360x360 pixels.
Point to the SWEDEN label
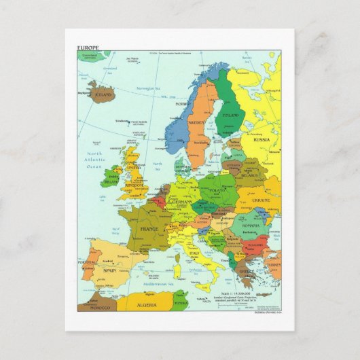pos(196,124)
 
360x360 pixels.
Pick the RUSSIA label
pos(262,139)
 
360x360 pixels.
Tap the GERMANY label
pos(182,202)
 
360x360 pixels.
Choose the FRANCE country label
pos(149,230)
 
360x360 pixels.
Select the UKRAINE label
pos(261,201)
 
